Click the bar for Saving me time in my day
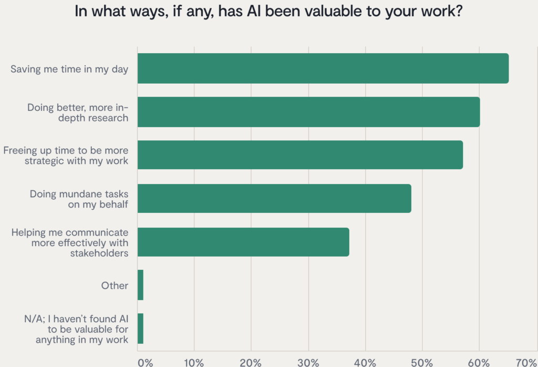point(323,68)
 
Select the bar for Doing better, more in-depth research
point(308,112)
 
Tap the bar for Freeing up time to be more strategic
point(300,155)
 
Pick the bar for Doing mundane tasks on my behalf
point(274,198)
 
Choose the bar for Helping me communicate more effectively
point(243,242)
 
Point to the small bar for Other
point(140,286)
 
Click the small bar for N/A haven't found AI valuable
point(140,329)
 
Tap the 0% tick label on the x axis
point(145,362)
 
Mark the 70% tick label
point(525,362)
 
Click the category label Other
point(115,286)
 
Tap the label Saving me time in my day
point(69,68)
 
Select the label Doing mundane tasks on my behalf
point(79,199)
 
